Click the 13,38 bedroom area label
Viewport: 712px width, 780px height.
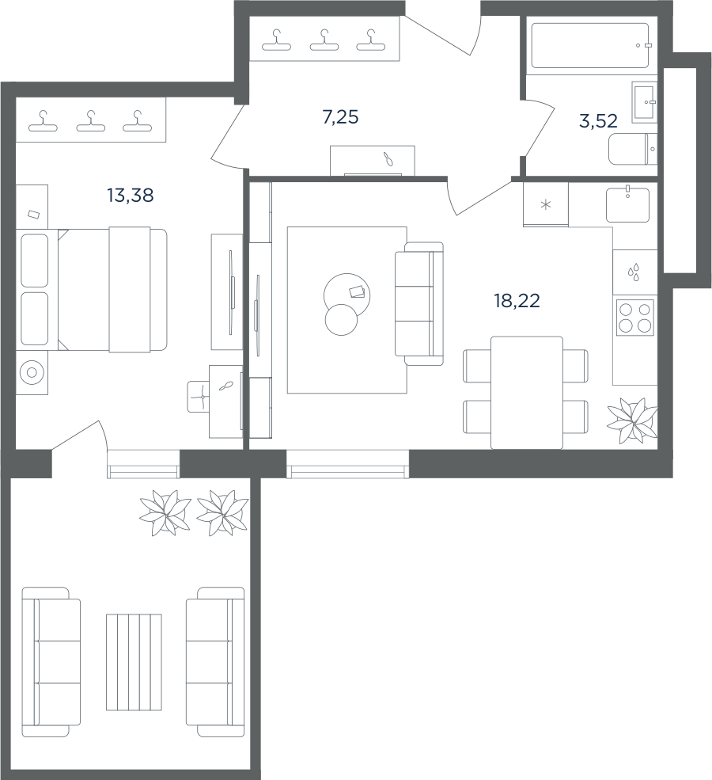131,196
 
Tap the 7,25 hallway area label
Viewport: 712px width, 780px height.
340,117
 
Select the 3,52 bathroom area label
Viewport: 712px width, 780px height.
598,121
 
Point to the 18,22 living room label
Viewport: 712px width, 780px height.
517,300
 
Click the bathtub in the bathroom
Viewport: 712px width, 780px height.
590,45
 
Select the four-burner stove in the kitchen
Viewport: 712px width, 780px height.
635,318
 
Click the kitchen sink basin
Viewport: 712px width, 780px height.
627,205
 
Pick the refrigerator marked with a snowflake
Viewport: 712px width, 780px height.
546,204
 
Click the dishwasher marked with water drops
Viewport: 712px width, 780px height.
634,272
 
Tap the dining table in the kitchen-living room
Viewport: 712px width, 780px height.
527,393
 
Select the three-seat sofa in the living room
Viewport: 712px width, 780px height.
418,304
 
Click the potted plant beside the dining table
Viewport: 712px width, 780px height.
633,420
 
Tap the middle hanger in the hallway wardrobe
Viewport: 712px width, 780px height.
324,40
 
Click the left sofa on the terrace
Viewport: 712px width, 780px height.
51,661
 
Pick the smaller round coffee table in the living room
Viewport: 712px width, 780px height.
341,320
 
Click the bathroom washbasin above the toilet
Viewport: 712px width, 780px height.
645,102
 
